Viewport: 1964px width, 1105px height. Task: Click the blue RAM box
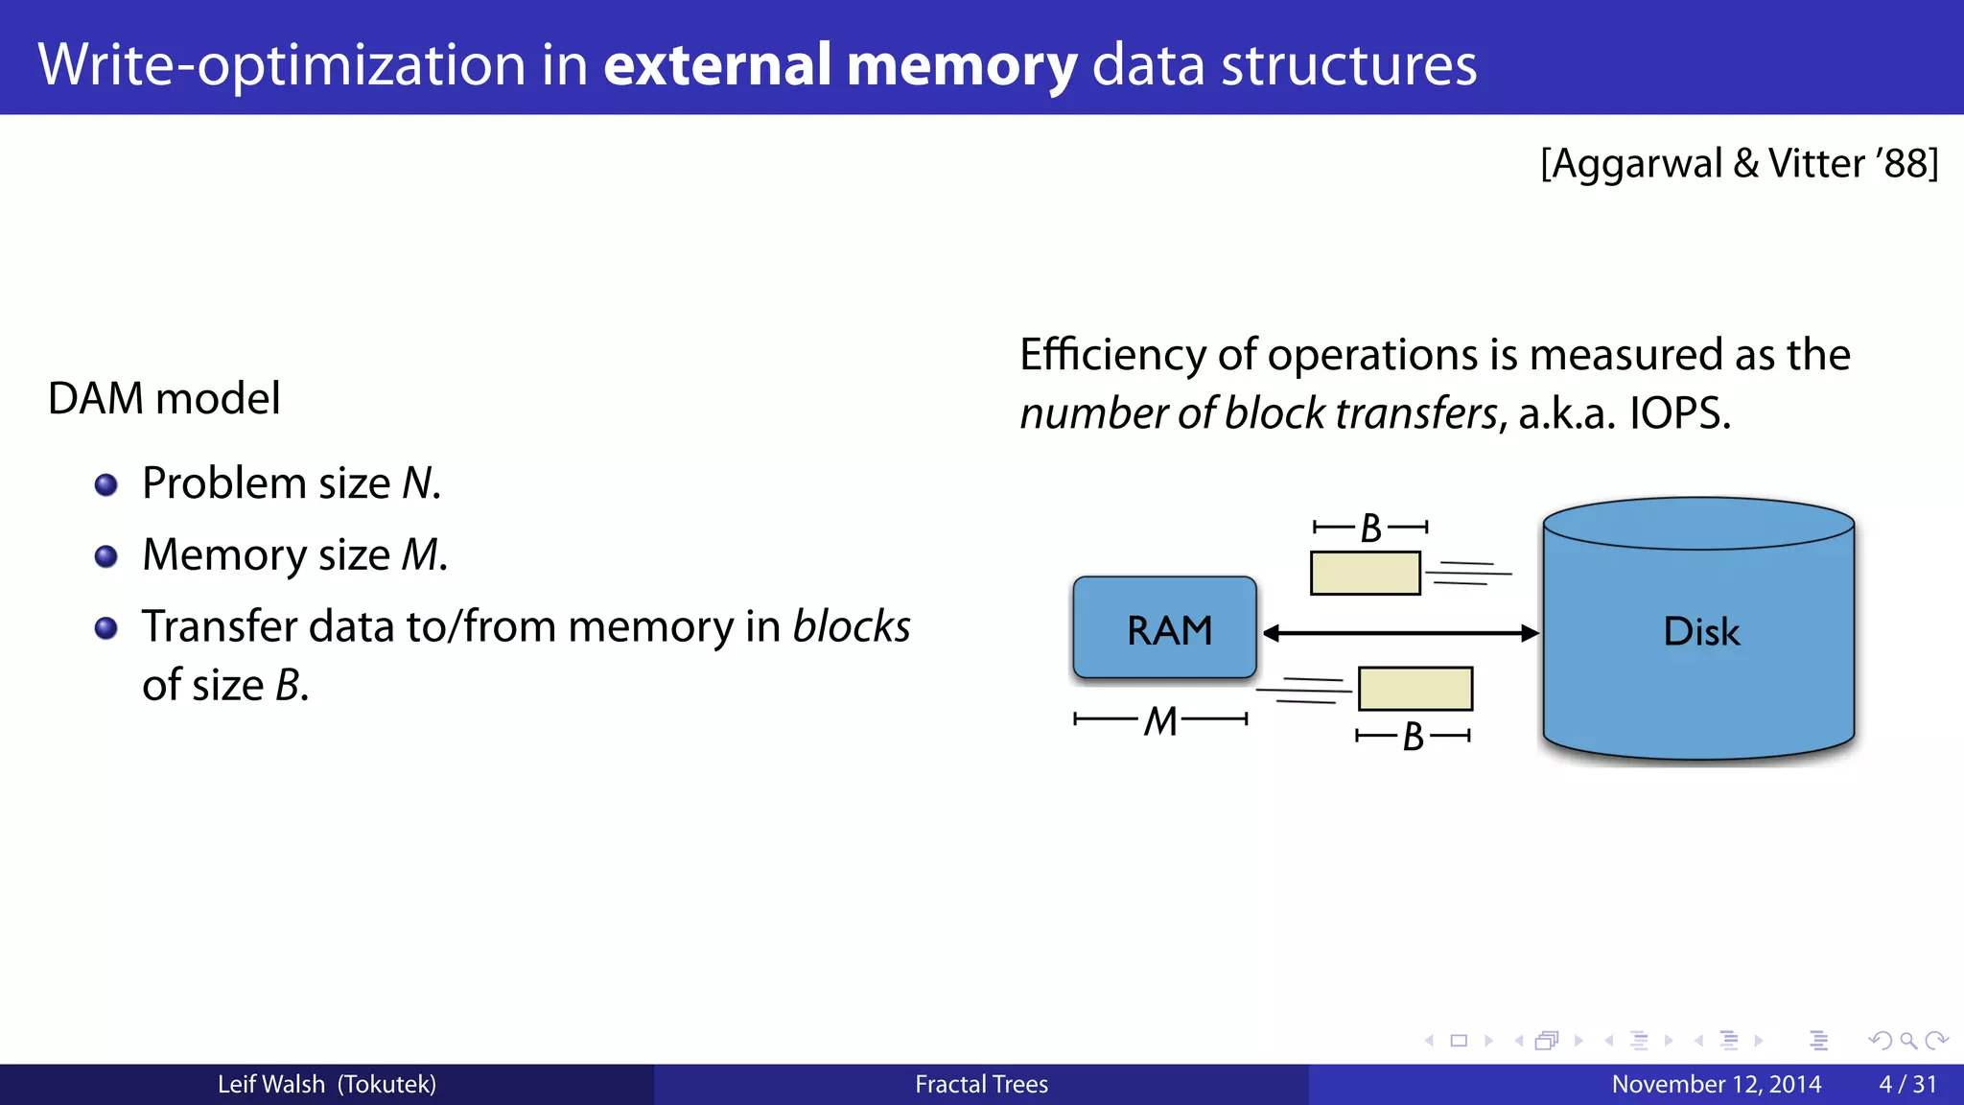1164,628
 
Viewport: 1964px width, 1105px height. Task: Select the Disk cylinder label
1700,631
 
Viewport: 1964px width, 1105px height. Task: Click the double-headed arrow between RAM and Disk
1400,633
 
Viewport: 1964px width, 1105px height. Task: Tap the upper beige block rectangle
1365,573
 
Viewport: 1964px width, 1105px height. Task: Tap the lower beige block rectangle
1415,689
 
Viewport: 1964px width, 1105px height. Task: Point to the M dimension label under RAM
1160,720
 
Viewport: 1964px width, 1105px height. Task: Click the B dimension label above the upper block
1370,528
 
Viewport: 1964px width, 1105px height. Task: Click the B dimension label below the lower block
1413,737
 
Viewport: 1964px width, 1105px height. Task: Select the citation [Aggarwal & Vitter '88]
1739,163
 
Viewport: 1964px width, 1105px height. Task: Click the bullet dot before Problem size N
106,484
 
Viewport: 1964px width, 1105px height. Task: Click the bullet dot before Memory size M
106,556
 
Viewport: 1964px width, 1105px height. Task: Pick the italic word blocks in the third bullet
851,626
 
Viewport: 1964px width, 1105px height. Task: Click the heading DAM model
164,398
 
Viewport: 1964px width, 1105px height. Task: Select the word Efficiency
1112,355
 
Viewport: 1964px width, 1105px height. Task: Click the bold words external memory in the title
840,65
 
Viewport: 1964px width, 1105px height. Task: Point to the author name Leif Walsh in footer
271,1084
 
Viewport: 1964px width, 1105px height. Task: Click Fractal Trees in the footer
981,1084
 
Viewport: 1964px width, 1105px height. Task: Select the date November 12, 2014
1716,1084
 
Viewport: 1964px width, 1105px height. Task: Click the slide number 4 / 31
1907,1084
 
